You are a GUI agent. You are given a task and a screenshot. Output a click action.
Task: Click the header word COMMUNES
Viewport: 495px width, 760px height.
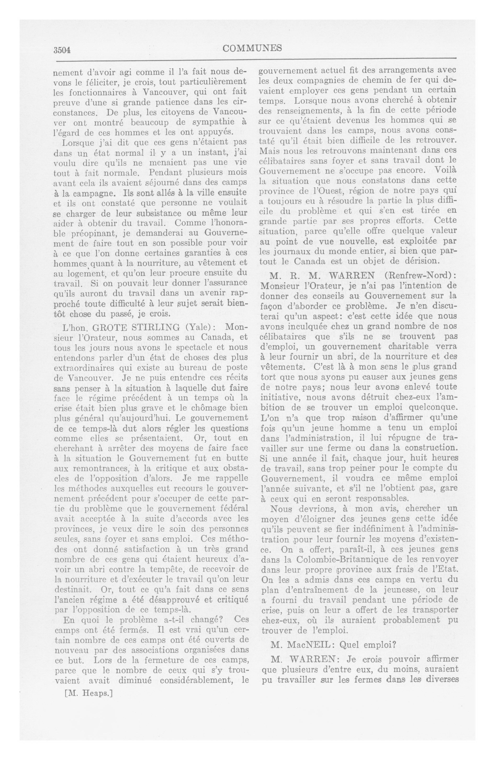pos(252,49)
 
